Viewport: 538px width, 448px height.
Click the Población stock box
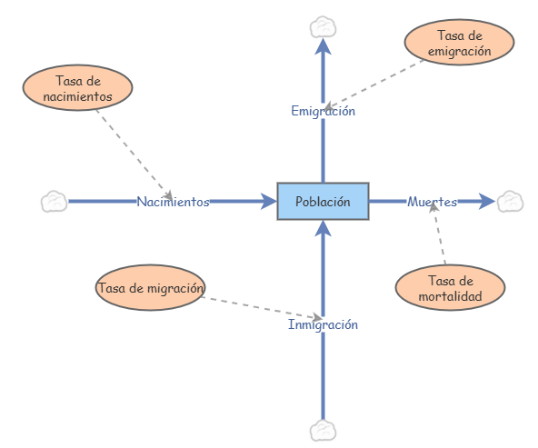tap(323, 201)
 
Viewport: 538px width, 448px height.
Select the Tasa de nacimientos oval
tap(77, 87)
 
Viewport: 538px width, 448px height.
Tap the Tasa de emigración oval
tap(459, 43)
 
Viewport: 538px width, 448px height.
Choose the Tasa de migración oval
tap(150, 288)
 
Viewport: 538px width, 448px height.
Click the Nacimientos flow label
tap(173, 202)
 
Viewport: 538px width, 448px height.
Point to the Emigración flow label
tap(323, 111)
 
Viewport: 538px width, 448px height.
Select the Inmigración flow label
tap(323, 324)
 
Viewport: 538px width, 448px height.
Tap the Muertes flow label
tap(432, 201)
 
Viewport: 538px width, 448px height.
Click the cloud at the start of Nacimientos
tap(55, 201)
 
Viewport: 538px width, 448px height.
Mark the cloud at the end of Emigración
tap(323, 25)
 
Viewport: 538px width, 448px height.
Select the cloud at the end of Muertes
tap(510, 201)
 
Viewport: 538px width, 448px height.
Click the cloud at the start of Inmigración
tap(323, 430)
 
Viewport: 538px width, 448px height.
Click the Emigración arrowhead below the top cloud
tap(323, 47)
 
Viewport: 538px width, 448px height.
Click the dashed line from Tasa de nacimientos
tap(133, 145)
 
